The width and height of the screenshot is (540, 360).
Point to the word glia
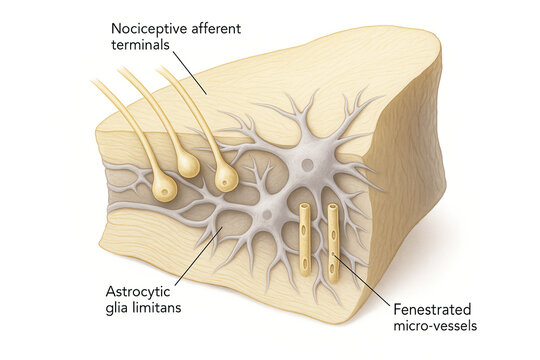122,310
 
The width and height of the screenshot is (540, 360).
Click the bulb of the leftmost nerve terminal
164,188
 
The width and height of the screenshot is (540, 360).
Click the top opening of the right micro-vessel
333,209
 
